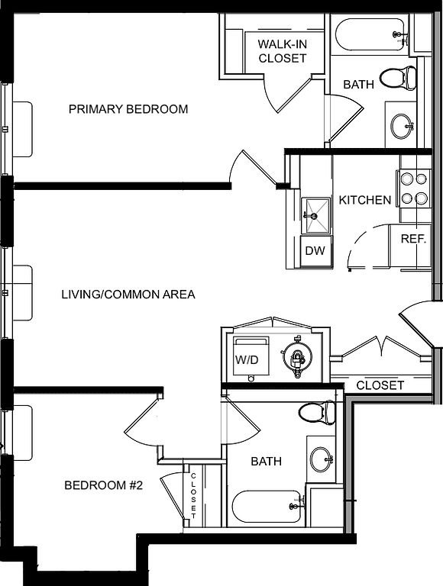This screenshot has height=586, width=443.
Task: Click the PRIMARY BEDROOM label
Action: pos(128,109)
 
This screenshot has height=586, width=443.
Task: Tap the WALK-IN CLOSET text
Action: pos(283,51)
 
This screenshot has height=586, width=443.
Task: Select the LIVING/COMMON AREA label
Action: pos(128,295)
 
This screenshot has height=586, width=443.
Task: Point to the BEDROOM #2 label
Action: pos(104,485)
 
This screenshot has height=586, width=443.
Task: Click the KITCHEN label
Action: pos(365,200)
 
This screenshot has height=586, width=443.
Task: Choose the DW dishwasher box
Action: pos(315,251)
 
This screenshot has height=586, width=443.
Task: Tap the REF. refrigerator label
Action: pos(413,239)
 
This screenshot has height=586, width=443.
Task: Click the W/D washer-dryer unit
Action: pos(251,356)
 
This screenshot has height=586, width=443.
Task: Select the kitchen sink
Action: pos(315,216)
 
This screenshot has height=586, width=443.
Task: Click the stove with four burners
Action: pos(413,188)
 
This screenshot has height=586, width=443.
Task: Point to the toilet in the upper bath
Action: pos(398,78)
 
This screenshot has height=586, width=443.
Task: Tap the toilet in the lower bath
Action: pos(317,412)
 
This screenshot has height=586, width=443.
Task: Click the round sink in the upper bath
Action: pos(402,126)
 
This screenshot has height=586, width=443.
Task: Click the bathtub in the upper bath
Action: pos(370,34)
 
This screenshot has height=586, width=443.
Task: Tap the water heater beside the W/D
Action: pos(296,357)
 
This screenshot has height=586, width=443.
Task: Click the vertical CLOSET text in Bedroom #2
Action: pos(193,495)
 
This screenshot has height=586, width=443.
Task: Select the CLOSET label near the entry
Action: pos(380,385)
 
